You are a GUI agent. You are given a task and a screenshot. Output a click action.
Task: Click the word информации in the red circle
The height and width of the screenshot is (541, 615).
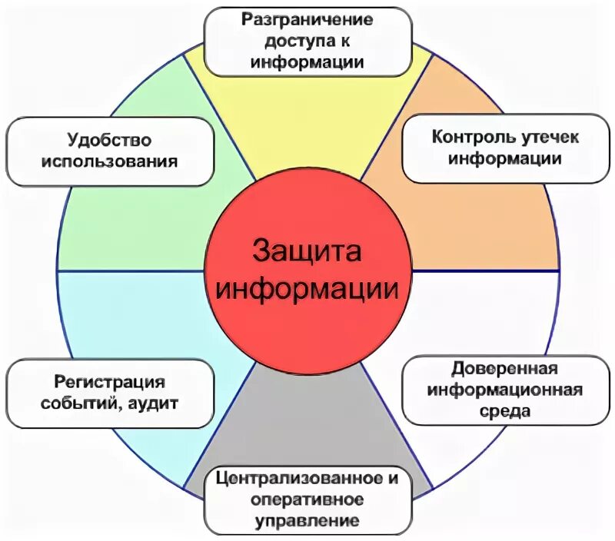click(307, 290)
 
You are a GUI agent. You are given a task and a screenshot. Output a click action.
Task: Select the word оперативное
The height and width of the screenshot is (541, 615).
click(307, 500)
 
